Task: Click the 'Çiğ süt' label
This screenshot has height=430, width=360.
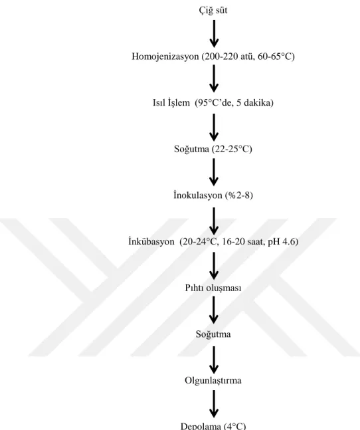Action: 213,11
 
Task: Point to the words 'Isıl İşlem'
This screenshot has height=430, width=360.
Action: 171,102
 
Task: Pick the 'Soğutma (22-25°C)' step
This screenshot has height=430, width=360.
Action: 213,149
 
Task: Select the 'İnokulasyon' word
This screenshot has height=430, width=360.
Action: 198,195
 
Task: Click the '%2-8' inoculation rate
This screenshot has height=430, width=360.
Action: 239,195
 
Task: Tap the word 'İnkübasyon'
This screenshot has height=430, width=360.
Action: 151,241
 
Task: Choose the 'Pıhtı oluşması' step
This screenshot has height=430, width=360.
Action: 213,288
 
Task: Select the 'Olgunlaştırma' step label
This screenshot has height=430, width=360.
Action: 213,381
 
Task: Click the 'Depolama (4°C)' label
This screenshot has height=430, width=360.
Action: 213,426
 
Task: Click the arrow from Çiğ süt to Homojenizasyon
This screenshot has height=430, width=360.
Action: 214,33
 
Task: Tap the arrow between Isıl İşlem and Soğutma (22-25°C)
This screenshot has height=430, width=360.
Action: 214,127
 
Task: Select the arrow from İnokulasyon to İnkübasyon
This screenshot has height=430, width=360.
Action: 214,221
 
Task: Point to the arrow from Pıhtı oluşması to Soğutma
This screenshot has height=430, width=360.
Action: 214,310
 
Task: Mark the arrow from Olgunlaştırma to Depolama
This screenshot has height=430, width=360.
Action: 214,404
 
